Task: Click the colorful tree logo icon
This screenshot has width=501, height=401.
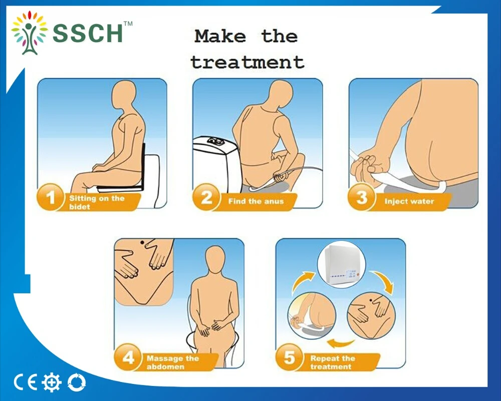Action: (30, 33)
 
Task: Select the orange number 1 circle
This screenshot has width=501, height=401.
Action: (50, 197)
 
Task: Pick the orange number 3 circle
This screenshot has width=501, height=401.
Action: (361, 197)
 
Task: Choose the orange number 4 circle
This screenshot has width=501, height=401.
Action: (128, 357)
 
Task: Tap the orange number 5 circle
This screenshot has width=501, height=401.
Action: (289, 357)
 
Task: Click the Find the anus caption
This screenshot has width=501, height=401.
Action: (256, 201)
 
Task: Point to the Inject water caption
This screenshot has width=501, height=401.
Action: (409, 201)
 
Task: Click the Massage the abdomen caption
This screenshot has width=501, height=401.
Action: (173, 362)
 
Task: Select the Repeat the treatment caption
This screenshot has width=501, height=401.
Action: (333, 362)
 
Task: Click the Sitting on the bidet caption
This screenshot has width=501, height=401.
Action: (97, 202)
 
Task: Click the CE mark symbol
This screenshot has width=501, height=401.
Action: (26, 382)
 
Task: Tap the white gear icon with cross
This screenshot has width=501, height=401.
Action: (51, 382)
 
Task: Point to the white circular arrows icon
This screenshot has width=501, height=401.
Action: (77, 382)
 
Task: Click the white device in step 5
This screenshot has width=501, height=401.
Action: (341, 264)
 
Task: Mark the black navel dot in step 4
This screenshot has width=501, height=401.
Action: (142, 243)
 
